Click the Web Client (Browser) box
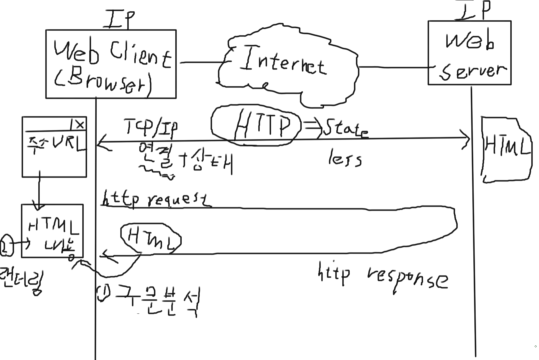(111, 64)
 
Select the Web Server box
(469, 53)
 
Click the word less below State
(345, 159)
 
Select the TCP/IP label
(151, 128)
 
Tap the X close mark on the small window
(80, 125)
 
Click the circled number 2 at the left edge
(6, 245)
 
